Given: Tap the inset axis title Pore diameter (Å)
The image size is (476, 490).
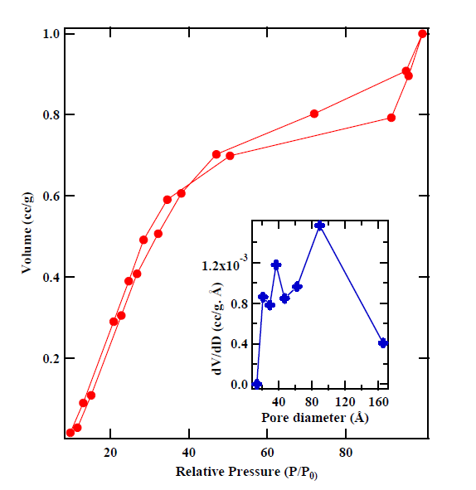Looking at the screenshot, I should pyautogui.click(x=320, y=417).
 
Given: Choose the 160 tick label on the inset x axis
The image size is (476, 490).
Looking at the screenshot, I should pyautogui.click(x=379, y=401).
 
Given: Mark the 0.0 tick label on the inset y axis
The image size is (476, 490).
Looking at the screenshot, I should pyautogui.click(x=240, y=385).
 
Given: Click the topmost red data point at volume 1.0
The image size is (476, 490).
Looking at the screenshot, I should pyautogui.click(x=422, y=34).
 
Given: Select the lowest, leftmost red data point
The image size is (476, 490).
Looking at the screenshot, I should pyautogui.click(x=70, y=433).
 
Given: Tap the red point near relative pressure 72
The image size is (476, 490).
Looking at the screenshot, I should pyautogui.click(x=314, y=114).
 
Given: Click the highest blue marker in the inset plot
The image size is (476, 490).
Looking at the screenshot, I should pyautogui.click(x=320, y=226).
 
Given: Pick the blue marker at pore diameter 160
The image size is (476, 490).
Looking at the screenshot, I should pyautogui.click(x=383, y=343).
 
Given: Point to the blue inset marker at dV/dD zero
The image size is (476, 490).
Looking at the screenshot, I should pyautogui.click(x=257, y=384).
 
